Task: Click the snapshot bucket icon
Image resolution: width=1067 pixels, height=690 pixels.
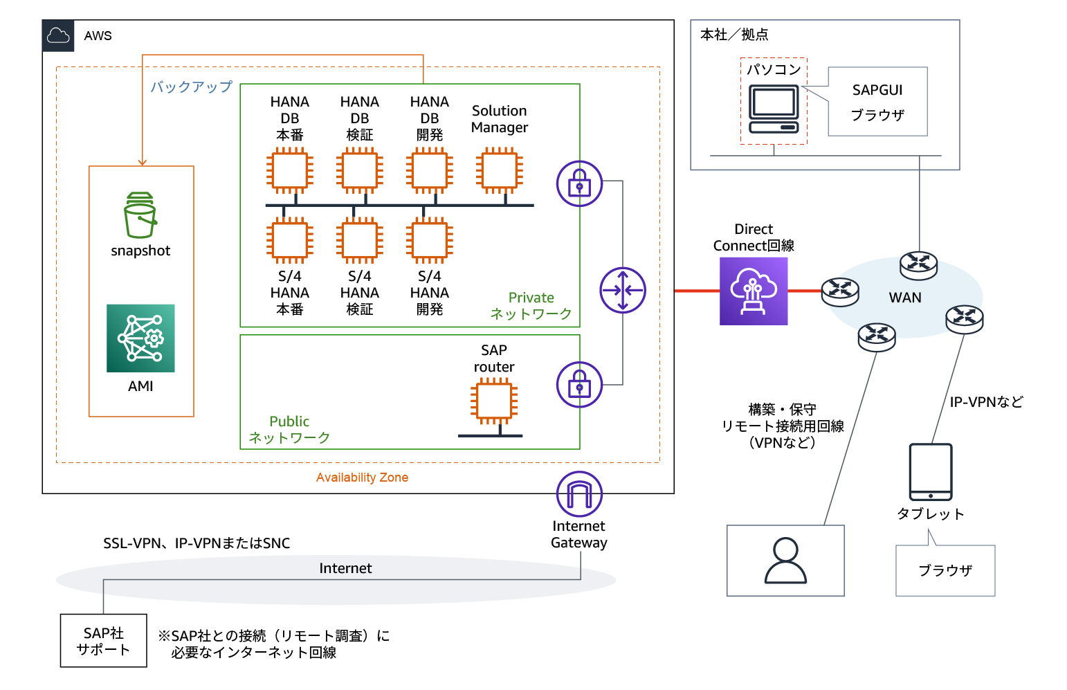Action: coord(140,215)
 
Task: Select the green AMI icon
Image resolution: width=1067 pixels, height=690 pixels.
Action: coord(140,338)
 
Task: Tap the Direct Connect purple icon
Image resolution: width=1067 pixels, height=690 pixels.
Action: coord(754,291)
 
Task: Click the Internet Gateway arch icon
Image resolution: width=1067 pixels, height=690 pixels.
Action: coord(579,493)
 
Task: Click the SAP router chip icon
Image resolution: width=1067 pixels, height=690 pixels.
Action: coord(493,402)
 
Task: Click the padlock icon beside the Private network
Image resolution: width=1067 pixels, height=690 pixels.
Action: coord(579,183)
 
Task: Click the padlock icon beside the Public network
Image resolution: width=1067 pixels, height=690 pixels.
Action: coord(579,384)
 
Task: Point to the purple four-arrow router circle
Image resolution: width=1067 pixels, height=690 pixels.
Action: coord(623,290)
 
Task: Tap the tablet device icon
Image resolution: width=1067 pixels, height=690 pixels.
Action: coord(930,471)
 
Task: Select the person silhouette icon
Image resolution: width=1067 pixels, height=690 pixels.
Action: coord(785,561)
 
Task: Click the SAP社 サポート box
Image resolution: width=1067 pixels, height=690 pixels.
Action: coord(103,641)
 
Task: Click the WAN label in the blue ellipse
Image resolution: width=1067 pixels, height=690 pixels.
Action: coord(904,298)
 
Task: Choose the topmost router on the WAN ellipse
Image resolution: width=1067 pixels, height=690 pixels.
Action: coord(918,264)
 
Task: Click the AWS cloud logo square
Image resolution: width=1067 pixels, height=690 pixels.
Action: coord(58,36)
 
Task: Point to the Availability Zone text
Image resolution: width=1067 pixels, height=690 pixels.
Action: coord(362,478)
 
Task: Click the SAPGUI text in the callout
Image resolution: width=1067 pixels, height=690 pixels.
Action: coord(877,90)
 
